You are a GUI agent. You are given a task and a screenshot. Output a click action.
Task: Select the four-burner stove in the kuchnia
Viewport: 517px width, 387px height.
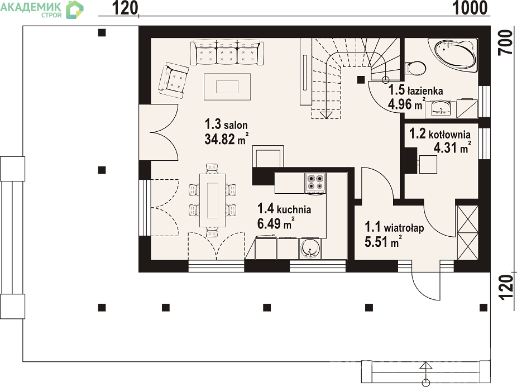pos(315,183)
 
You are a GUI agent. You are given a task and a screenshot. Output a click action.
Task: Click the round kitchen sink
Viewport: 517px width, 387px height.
pos(310,249)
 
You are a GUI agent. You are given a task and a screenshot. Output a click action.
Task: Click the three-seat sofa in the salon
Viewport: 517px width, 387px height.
pos(227,52)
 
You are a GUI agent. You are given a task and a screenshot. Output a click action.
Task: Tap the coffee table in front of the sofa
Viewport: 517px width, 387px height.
pos(227,87)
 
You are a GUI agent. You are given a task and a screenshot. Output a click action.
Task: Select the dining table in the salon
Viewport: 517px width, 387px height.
pos(212,200)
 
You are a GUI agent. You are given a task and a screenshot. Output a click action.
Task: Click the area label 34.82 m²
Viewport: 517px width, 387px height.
pos(226,139)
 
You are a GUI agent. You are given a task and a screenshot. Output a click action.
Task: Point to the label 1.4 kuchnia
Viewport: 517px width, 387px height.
pos(284,209)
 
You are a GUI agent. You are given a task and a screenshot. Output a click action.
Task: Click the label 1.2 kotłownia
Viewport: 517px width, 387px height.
pos(439,134)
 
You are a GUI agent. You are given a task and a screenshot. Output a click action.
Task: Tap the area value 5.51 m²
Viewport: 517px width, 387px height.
pos(383,242)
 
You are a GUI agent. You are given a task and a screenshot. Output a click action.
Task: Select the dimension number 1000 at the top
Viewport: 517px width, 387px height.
pos(470,8)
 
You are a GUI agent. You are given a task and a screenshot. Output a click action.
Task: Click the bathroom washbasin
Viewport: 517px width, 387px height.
pos(440,108)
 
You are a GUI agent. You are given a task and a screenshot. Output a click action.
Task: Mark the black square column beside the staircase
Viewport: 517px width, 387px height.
pos(361,79)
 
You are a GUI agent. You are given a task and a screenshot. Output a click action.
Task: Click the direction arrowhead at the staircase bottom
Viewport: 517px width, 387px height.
pos(326,115)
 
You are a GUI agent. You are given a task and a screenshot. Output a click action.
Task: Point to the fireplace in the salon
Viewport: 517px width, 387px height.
pos(268,157)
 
